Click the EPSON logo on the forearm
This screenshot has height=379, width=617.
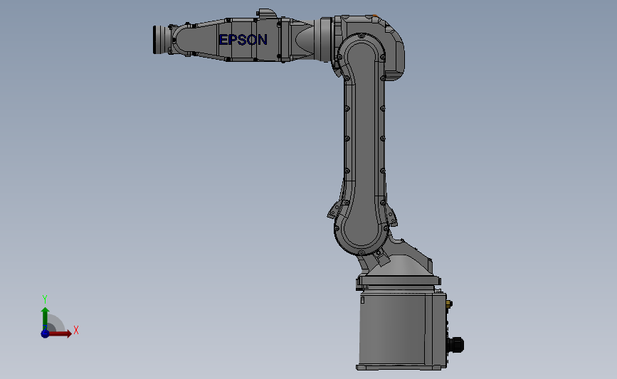[x=243, y=40]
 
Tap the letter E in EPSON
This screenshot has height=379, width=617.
[x=223, y=40]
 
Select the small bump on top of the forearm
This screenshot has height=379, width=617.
[x=266, y=13]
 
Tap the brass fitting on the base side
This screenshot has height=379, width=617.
[x=448, y=304]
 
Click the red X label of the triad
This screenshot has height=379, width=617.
[x=75, y=330]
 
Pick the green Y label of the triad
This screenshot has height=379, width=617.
[x=44, y=299]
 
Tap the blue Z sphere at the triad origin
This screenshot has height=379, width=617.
[x=45, y=333]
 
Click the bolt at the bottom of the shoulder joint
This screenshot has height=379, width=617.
[x=362, y=252]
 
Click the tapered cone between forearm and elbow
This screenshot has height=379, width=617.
[x=303, y=39]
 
